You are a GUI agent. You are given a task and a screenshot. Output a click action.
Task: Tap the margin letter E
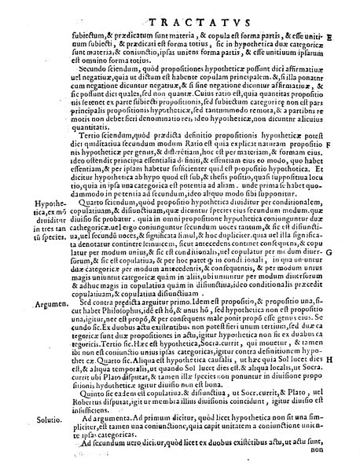350,36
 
